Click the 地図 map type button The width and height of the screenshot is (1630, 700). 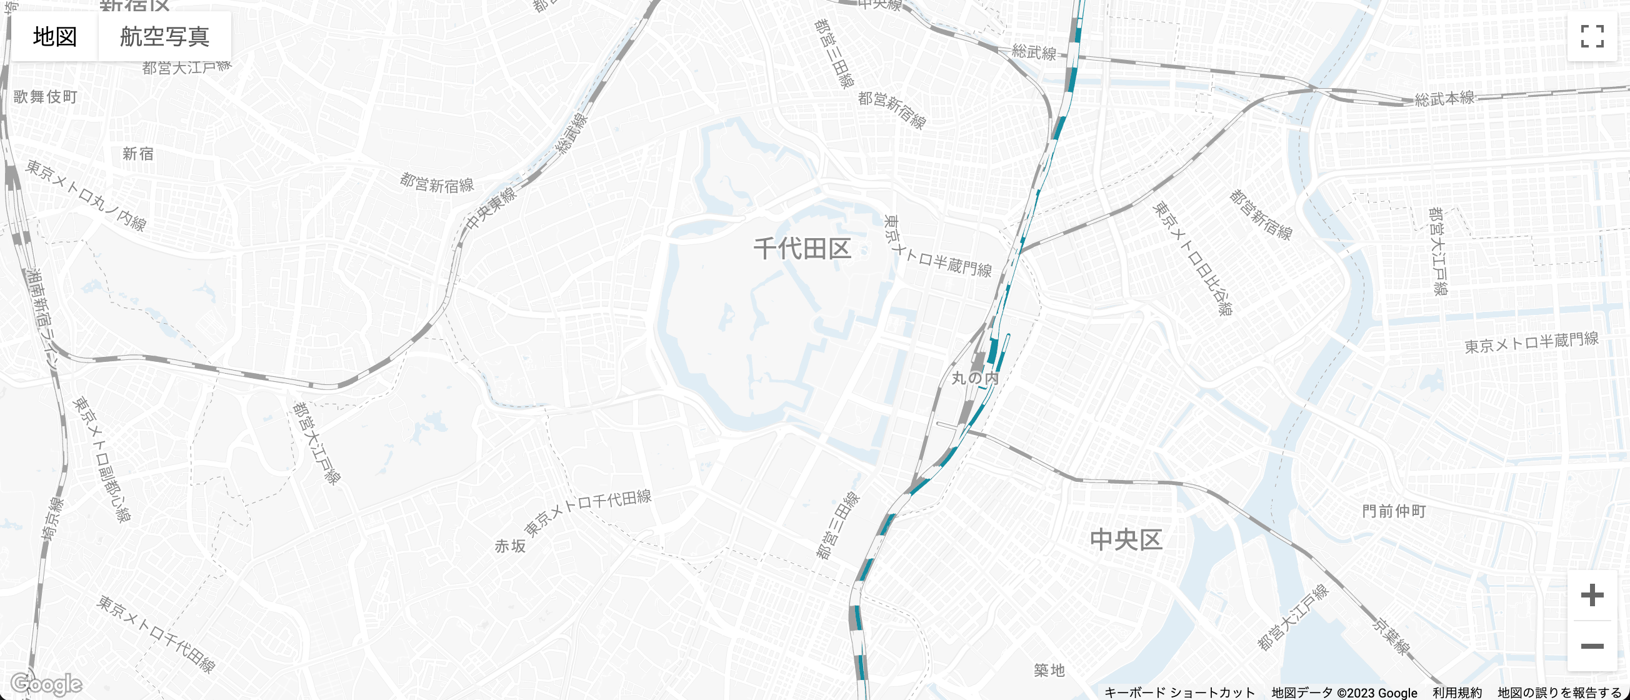[55, 37]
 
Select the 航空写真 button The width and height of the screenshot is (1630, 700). [164, 37]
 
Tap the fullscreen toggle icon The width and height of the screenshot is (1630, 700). [1592, 36]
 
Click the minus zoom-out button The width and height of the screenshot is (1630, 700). [1592, 646]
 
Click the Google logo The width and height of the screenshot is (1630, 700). [46, 684]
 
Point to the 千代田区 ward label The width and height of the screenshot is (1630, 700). [802, 249]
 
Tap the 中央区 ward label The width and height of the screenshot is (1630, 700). [1126, 540]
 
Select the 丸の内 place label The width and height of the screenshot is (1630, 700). [975, 379]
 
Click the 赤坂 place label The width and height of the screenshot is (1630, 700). [510, 546]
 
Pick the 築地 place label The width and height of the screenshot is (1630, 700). [1049, 669]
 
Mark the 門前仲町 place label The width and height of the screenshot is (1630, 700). [1394, 511]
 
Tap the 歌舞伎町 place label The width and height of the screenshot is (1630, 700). [46, 97]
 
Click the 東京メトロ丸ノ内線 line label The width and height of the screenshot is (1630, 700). [86, 196]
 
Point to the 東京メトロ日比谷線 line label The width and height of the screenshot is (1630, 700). [1192, 258]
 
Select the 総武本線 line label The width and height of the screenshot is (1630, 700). [1444, 98]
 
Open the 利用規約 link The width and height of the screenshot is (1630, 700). [1457, 692]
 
